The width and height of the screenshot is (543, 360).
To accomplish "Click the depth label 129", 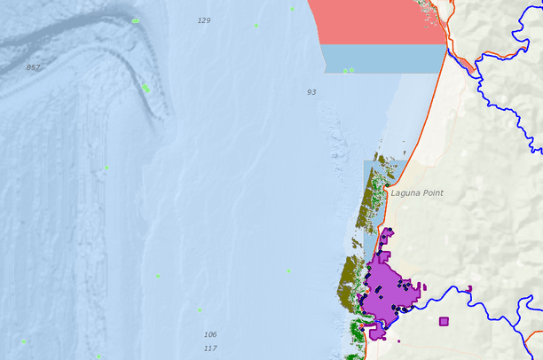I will click(204, 20).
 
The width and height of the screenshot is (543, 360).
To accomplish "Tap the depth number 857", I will click(34, 67).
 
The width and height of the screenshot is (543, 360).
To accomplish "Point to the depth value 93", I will click(311, 92).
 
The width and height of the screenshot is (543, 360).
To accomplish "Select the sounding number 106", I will click(210, 334).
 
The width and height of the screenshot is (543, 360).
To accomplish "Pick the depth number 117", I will click(210, 348).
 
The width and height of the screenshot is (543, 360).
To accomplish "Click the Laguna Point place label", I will click(416, 192).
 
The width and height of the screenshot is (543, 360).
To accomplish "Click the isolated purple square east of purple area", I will click(444, 322).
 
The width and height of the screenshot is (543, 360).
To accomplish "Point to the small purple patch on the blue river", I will click(469, 287).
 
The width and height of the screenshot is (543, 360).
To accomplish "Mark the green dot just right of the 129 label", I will click(256, 25).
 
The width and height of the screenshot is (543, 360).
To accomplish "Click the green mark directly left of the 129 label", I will click(135, 20).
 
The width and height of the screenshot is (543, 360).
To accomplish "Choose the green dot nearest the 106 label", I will click(201, 309).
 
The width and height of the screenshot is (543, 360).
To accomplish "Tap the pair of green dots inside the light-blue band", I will click(349, 70).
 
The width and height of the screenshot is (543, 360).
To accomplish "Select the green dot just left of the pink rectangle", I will click(292, 9).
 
